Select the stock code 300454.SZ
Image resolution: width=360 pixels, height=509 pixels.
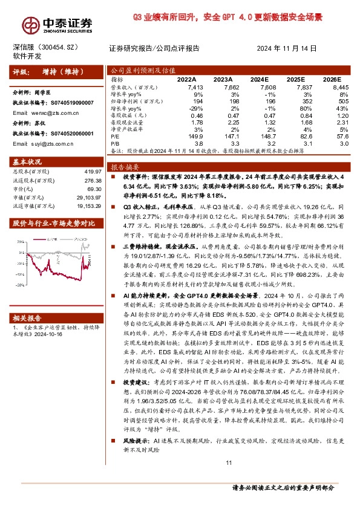tap(59, 47)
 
